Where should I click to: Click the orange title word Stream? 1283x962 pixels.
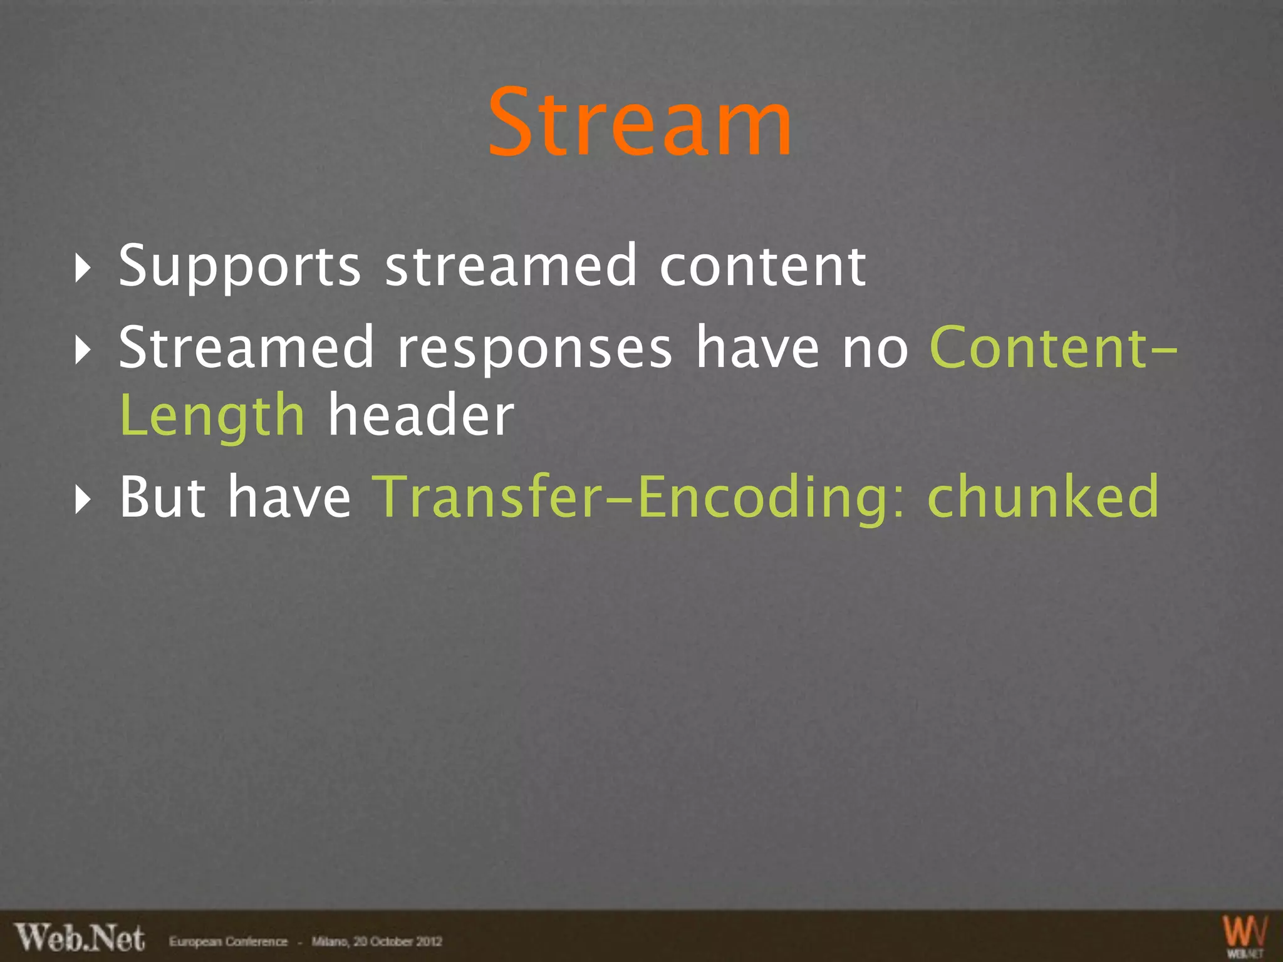[x=640, y=123]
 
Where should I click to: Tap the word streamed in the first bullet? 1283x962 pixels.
[x=511, y=266]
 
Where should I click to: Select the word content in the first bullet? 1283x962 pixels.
[x=763, y=266]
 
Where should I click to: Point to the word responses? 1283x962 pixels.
[x=535, y=349]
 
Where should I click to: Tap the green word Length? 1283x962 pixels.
[x=212, y=417]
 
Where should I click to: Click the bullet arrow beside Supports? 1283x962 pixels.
[x=82, y=269]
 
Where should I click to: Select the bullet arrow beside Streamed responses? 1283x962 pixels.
[x=82, y=350]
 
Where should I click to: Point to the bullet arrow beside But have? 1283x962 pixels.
[x=82, y=499]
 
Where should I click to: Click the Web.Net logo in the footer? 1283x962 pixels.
[x=80, y=938]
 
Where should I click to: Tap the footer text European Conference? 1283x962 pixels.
[x=228, y=941]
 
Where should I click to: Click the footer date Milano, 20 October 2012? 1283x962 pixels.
[x=377, y=941]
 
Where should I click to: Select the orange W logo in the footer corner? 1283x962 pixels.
[x=1245, y=934]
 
